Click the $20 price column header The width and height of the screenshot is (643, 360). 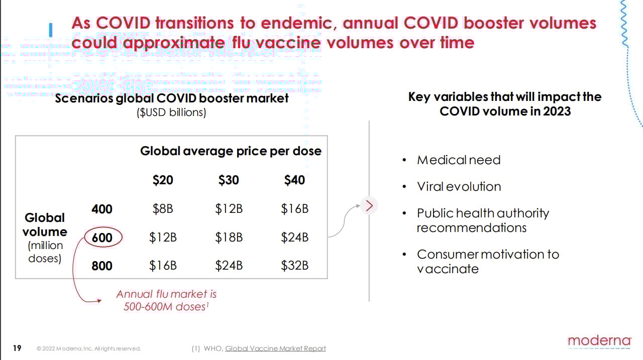163,180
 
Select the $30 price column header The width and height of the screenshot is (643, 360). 229,180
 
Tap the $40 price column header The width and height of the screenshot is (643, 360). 294,180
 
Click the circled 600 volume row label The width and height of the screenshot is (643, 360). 102,237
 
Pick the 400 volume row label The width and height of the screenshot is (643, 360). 102,209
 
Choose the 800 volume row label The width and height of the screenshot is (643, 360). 102,266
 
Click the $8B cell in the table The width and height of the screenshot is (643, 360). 163,209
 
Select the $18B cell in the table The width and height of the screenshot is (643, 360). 229,237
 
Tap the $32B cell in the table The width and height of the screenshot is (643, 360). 294,266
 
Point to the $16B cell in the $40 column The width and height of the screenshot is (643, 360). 294,209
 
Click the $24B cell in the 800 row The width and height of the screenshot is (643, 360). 229,266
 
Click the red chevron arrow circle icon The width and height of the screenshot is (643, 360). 369,205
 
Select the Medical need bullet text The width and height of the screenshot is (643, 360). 459,160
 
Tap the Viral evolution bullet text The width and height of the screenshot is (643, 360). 459,187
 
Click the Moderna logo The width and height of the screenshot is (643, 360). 599,341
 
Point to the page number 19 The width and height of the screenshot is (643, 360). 17,348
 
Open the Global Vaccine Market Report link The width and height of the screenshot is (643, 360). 275,348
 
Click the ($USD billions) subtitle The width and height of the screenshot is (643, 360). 171,112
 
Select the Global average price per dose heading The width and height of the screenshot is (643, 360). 231,151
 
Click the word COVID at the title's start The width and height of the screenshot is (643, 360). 124,23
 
